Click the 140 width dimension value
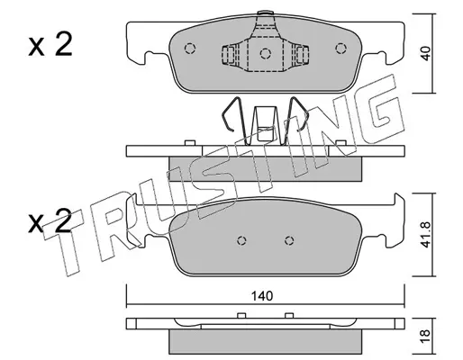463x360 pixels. point(262,296)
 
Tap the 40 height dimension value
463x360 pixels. point(425,53)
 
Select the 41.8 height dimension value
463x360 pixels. point(425,235)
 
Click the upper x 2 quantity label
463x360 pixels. point(50,45)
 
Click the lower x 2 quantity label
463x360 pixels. point(50,222)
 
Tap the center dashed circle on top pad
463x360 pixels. point(266,54)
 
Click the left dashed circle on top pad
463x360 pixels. point(190,49)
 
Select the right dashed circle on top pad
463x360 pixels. point(340,49)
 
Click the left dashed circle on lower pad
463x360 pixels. point(241,240)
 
